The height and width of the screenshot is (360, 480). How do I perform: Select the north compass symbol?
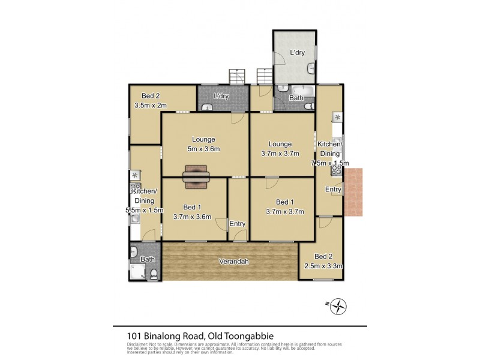click(339, 305)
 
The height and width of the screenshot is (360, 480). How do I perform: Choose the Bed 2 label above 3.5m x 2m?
click(150, 96)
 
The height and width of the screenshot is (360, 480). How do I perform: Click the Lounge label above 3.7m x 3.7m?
click(280, 144)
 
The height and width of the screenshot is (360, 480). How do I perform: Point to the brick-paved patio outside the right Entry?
click(353, 193)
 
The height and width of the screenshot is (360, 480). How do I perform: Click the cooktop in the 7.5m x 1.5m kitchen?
click(337, 170)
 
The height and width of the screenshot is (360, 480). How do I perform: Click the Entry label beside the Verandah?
click(238, 224)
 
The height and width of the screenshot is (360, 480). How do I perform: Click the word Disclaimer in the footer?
click(137, 343)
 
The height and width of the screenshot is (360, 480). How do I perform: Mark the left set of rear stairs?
click(238, 77)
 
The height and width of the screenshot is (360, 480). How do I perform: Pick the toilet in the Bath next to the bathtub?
click(308, 106)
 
